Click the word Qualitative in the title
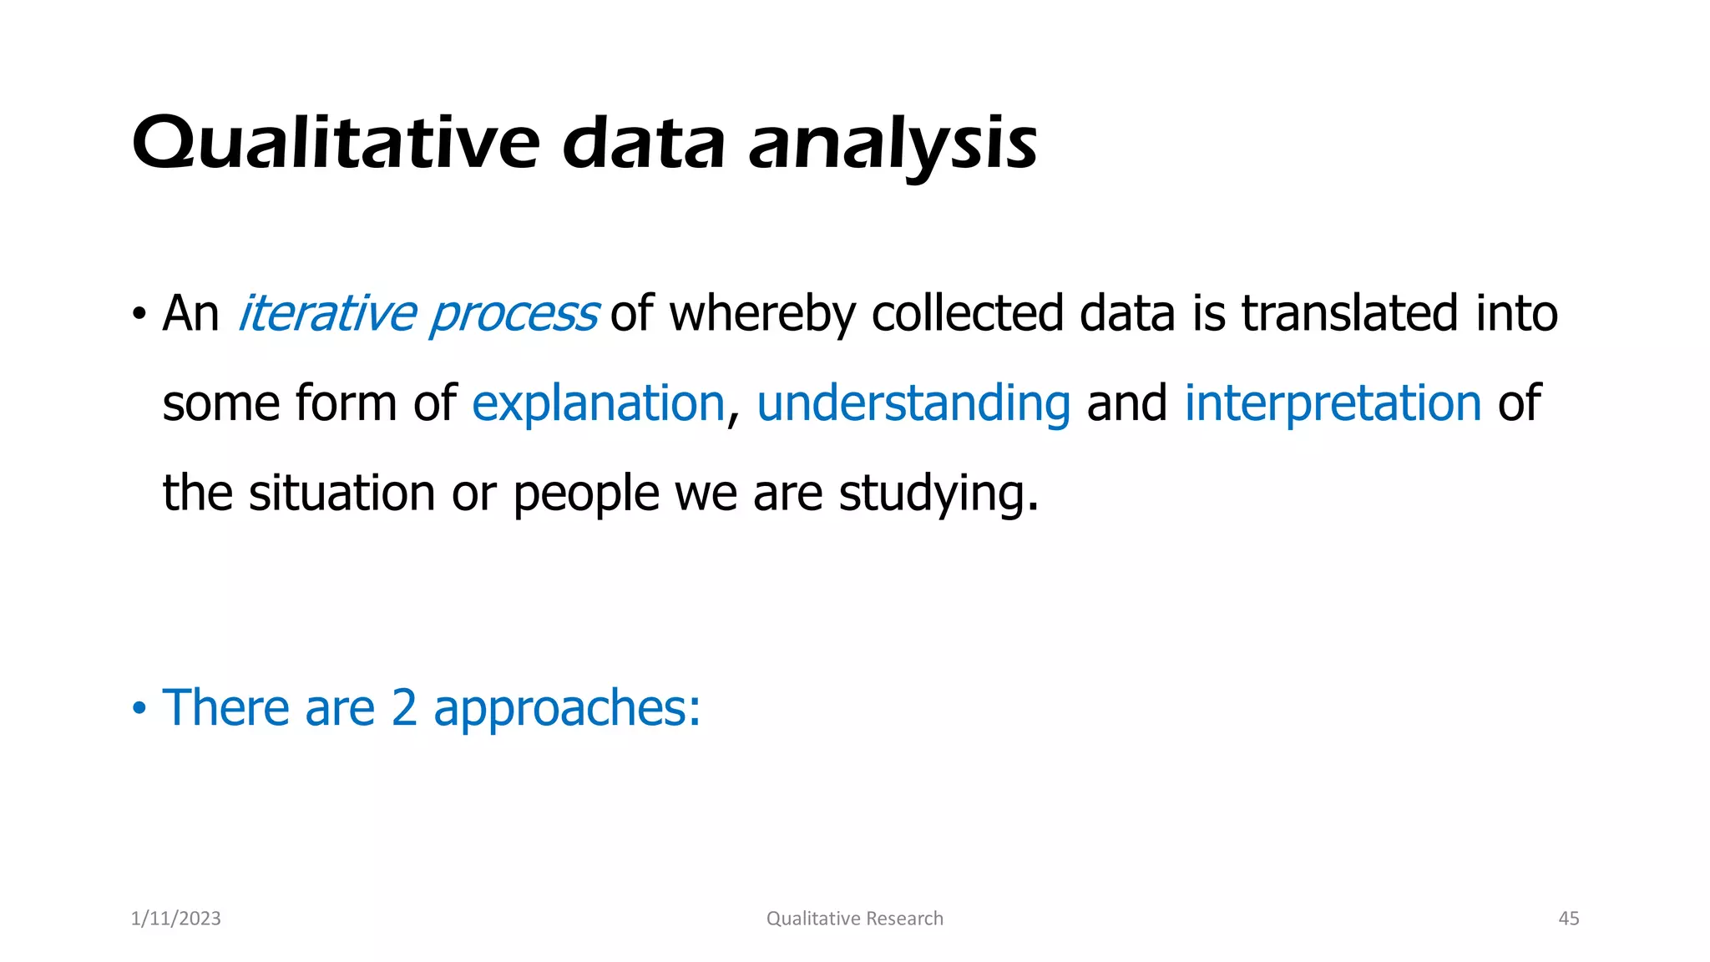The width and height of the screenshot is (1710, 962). click(x=336, y=144)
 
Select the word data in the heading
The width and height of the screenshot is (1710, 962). click(x=644, y=144)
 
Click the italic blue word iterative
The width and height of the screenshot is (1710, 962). click(x=326, y=314)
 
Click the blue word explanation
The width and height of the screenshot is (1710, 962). click(x=598, y=404)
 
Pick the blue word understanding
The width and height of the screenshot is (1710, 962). click(x=913, y=404)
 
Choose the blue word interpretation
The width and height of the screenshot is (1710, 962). click(x=1333, y=404)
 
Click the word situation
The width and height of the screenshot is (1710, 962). click(x=342, y=493)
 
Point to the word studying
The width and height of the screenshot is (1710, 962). click(x=938, y=494)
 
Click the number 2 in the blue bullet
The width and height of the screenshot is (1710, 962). click(x=403, y=708)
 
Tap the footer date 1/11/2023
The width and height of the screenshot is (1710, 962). click(x=176, y=919)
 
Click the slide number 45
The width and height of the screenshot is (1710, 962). click(x=1568, y=919)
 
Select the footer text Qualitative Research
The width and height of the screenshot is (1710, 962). click(x=854, y=919)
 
